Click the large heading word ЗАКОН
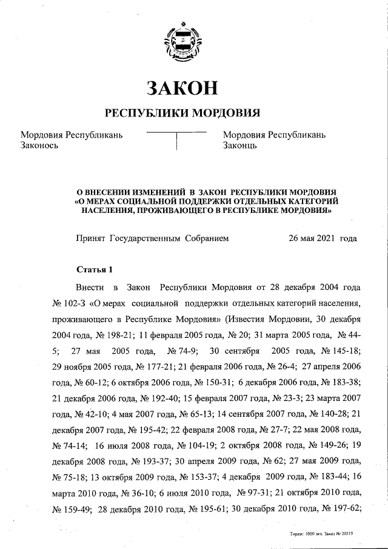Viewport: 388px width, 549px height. click(182, 88)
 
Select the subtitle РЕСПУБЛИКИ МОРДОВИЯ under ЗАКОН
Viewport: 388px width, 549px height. click(182, 113)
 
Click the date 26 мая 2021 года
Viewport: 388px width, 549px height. click(323, 239)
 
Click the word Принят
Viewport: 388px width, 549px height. click(90, 239)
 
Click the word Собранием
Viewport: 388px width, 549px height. click(207, 239)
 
